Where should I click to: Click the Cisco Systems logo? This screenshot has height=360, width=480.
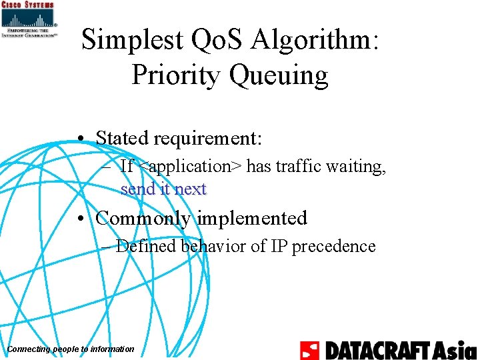[29, 20]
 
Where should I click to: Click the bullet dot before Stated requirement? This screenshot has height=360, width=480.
[79, 139]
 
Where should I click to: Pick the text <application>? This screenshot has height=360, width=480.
[190, 166]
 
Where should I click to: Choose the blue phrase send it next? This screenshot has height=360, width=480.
[163, 189]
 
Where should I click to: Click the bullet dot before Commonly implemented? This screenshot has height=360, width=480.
[79, 219]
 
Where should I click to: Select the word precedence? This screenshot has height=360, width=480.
[333, 246]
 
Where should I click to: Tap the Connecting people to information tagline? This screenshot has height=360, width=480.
[70, 349]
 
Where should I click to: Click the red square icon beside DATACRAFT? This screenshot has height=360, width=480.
[310, 350]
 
